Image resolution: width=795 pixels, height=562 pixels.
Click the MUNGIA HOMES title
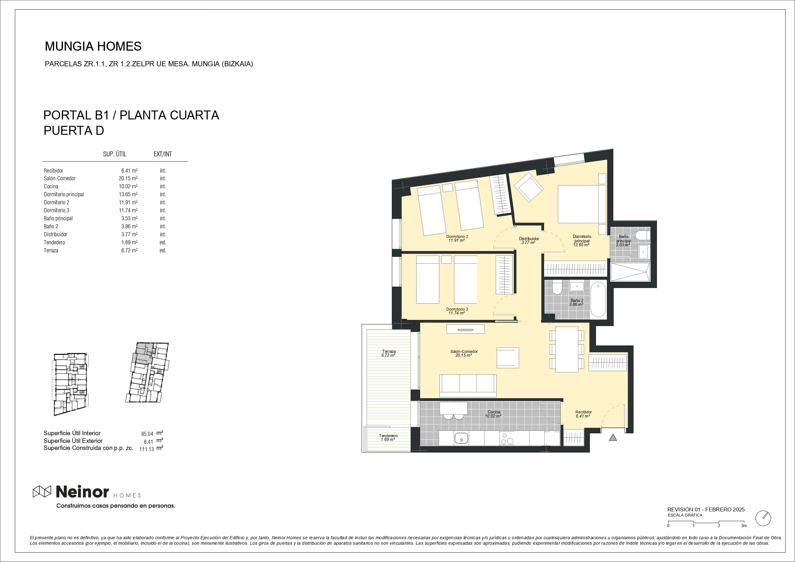(x=93, y=46)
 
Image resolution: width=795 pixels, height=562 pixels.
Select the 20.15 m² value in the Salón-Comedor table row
(x=128, y=179)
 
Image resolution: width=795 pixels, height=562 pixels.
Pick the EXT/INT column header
(x=163, y=154)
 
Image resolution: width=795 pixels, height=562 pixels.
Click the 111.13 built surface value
(x=146, y=450)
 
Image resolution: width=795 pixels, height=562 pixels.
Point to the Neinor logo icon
(x=42, y=492)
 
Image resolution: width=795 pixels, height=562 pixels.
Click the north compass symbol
(x=763, y=518)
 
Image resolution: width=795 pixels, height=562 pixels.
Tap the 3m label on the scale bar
(x=744, y=526)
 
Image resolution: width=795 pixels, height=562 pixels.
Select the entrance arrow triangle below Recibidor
(x=613, y=438)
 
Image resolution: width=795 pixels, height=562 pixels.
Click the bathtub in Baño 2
(x=598, y=300)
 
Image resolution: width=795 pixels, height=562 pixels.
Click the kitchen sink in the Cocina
(x=461, y=439)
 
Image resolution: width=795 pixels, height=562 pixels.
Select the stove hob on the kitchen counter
(x=507, y=439)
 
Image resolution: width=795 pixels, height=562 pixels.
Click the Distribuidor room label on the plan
(x=529, y=239)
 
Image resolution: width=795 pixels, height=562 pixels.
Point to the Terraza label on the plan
(x=389, y=352)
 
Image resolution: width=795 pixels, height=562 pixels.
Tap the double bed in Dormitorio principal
(x=582, y=204)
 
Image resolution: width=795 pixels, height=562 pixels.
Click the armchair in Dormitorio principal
(x=529, y=187)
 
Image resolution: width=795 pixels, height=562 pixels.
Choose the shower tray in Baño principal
(x=630, y=272)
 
